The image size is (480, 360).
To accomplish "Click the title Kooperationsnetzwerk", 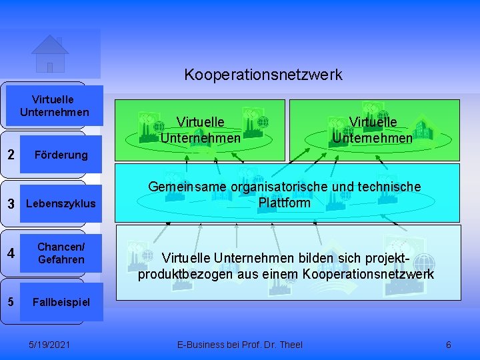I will pos(263,74).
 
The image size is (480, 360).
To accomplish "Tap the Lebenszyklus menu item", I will pos(61,203).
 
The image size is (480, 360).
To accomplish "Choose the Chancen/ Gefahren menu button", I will pos(61,253).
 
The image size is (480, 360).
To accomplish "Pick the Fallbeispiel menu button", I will pos(61,302).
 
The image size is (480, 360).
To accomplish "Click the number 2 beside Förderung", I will pos(11,155).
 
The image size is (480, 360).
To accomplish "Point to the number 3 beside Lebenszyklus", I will pos(11,203).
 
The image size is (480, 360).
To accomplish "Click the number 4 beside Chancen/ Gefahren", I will pos(11,253).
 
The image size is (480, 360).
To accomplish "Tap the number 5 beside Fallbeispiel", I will pos(11,301).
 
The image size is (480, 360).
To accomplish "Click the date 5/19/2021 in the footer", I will pos(51,345).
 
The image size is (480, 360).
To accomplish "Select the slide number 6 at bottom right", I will pos(448,345).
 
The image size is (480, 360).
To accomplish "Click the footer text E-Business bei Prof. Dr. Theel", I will pos(239,345).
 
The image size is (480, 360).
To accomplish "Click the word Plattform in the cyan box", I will pos(284,203).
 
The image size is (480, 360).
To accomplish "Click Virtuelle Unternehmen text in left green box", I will pos(200,130).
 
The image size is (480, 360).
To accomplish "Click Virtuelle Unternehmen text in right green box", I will pos(373,130).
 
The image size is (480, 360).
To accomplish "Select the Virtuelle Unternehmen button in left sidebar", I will pos(55,105).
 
